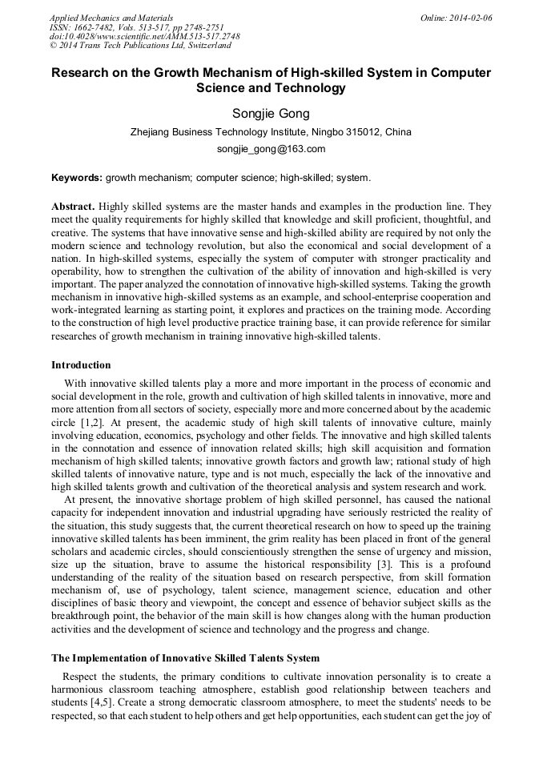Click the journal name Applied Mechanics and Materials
coord(111,17)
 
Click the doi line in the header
coord(144,37)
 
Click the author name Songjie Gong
coord(271,113)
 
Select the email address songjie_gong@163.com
coord(271,149)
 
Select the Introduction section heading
coord(81,365)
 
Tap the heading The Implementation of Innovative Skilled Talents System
coord(185,657)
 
